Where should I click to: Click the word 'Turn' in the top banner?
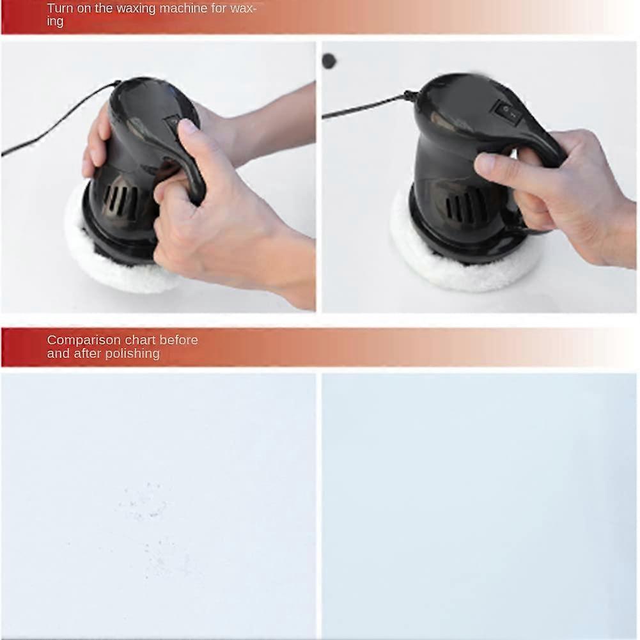pyautogui.click(x=60, y=8)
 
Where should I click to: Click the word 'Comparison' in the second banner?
pyautogui.click(x=83, y=340)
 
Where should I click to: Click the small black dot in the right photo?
pyautogui.click(x=329, y=61)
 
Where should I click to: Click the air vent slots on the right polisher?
pyautogui.click(x=464, y=208)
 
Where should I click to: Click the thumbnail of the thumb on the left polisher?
pyautogui.click(x=188, y=126)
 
